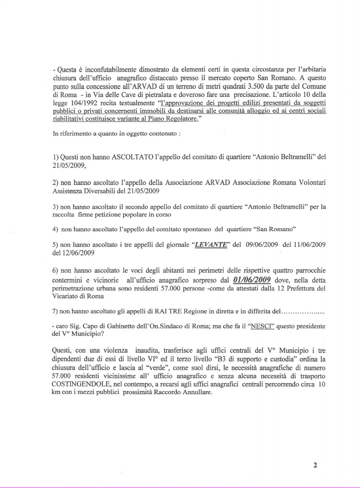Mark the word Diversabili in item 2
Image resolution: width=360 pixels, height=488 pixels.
click(101, 191)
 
